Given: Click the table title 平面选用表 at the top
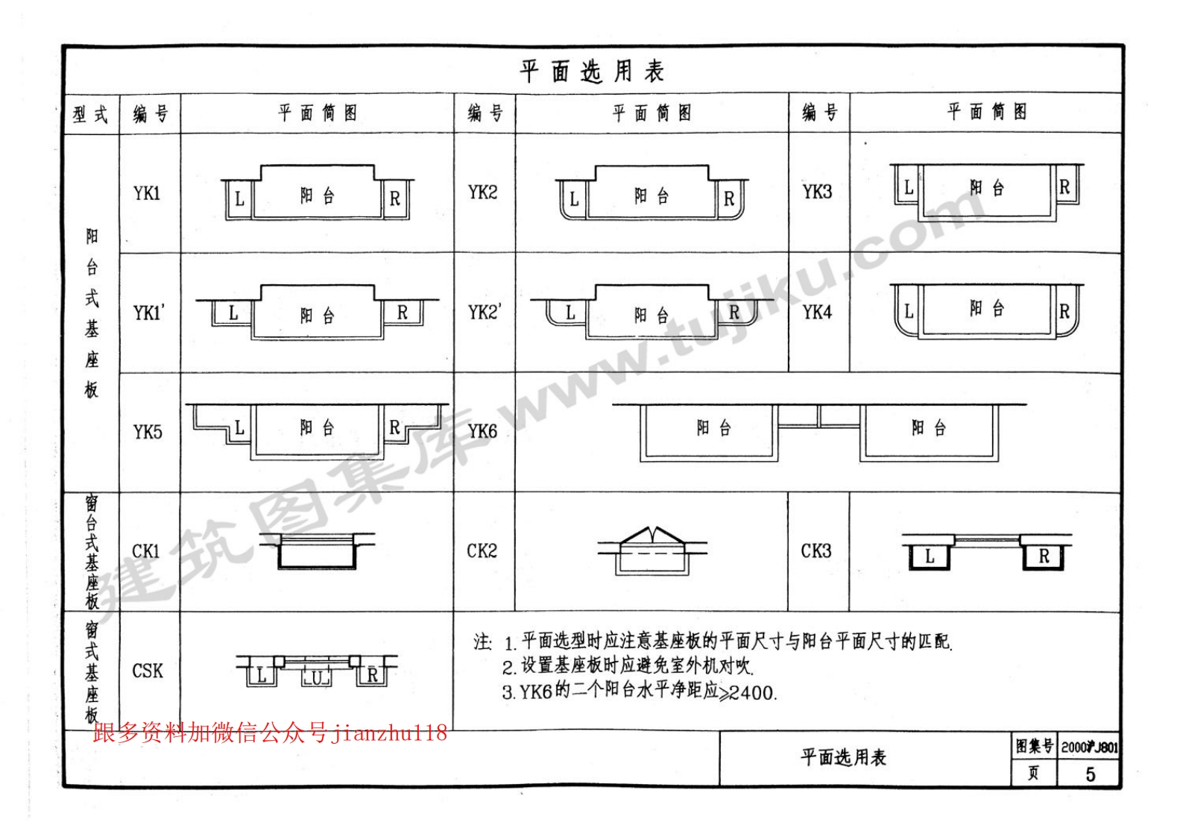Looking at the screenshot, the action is point(592,72).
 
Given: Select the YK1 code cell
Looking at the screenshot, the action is point(147,193).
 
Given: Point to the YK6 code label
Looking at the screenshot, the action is point(482,431).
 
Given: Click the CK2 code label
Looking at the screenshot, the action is point(482,551).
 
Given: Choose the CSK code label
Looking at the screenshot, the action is point(148,671).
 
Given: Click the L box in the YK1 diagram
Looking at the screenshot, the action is point(239,199).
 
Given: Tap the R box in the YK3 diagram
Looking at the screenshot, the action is point(1064,187).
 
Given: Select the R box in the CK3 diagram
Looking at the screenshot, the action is point(1044,557).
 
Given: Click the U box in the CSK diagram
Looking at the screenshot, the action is point(317,677).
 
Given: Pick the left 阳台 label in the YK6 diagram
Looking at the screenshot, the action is point(713,427).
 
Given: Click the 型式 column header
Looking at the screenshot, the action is point(91,114).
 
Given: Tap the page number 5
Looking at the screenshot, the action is point(1090,774).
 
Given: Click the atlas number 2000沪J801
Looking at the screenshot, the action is point(1089,747).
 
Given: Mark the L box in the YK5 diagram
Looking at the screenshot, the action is point(239,427).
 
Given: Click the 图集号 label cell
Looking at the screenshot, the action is point(1034,747).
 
